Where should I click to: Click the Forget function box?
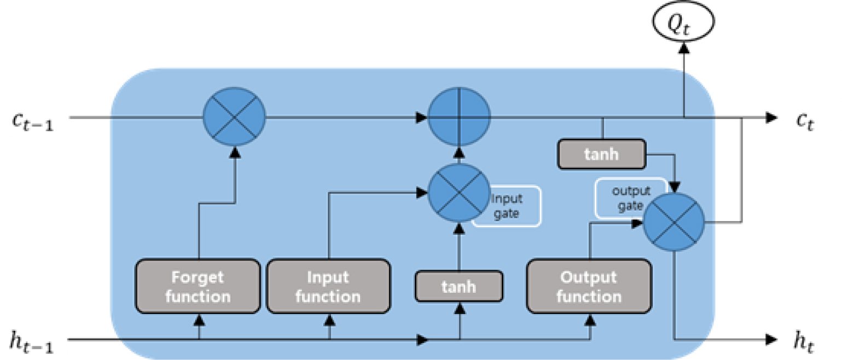[198, 286]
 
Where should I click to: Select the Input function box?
[328, 286]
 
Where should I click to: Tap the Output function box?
[589, 286]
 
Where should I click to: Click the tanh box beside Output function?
[458, 286]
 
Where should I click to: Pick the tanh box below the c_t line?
[601, 154]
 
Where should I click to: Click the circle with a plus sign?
[459, 117]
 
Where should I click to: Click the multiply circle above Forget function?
[234, 117]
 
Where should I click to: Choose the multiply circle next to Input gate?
[458, 192]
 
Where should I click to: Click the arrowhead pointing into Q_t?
[683, 48]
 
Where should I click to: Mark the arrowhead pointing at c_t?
[771, 117]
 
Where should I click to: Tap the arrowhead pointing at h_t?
[771, 340]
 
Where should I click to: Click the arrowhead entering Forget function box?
[198, 318]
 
